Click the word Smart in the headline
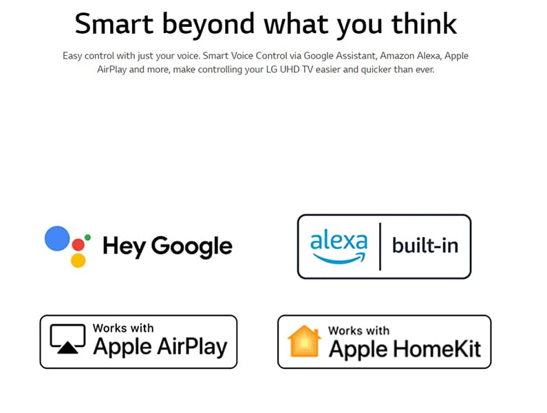114,23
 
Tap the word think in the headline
425,23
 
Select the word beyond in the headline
208,25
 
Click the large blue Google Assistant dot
57,238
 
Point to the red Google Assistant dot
78,245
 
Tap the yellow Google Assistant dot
78,260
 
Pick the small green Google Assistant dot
87,237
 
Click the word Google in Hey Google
191,247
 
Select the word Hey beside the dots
124,247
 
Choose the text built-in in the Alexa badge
425,245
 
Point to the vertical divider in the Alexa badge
380,246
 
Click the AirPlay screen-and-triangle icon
67,339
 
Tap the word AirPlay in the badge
192,348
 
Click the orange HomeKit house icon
304,341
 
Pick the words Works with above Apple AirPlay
123,328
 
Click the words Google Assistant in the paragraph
340,56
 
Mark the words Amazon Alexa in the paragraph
410,56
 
